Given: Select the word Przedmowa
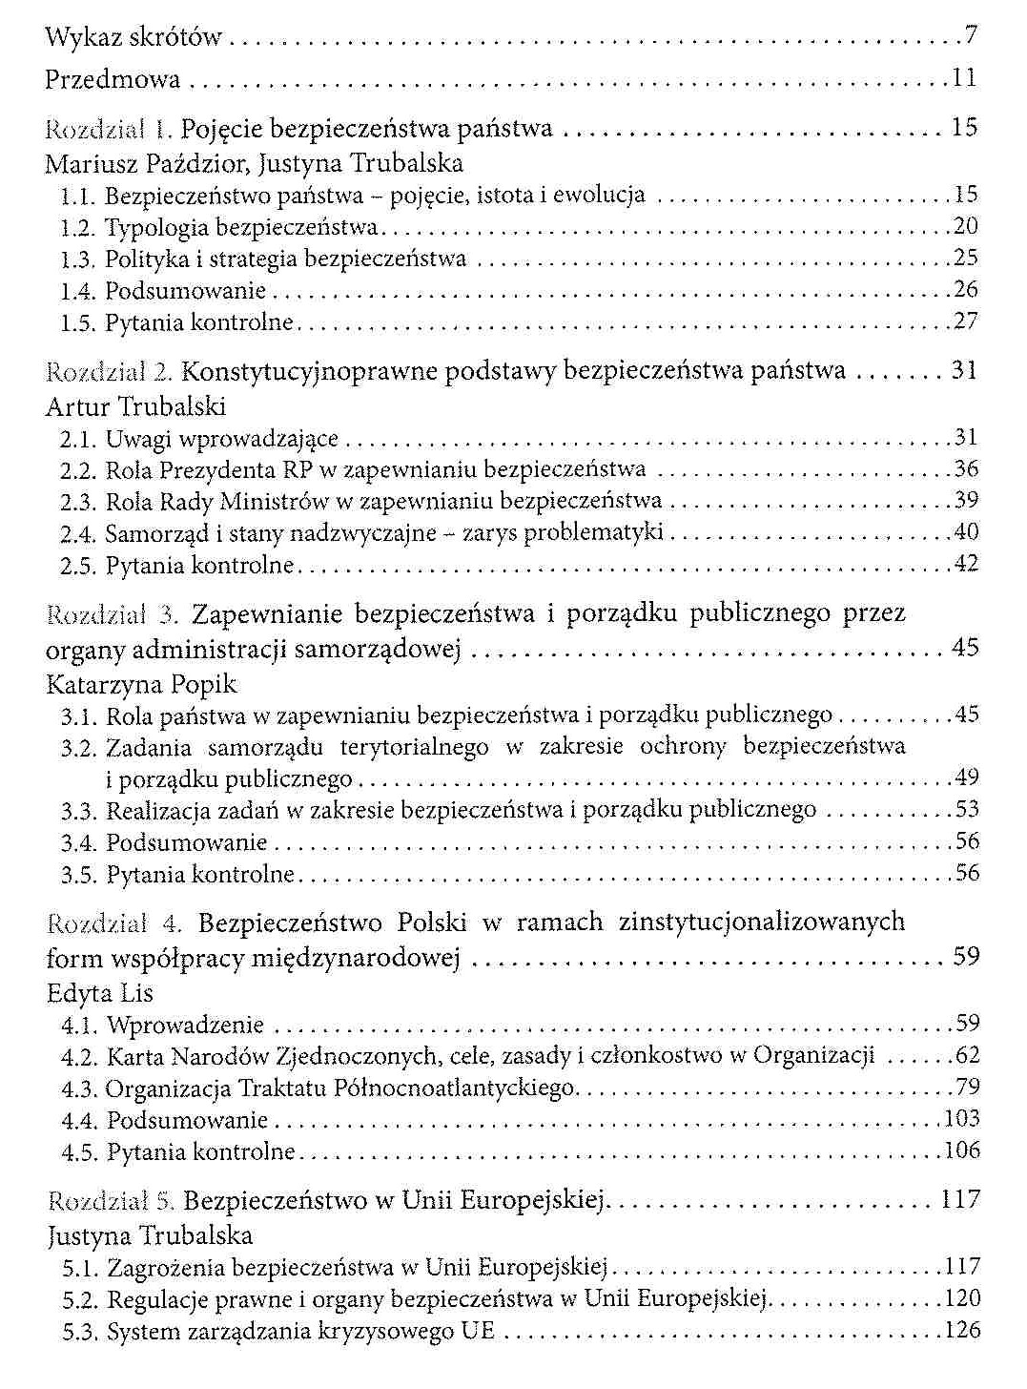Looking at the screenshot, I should pyautogui.click(x=113, y=79).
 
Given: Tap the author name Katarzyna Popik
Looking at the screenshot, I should pyautogui.click(x=141, y=684).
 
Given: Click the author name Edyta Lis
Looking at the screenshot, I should pyautogui.click(x=100, y=993).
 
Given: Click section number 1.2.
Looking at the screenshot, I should pyautogui.click(x=77, y=228).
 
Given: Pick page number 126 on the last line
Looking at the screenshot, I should pyautogui.click(x=960, y=1331).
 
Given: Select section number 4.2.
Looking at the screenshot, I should pyautogui.click(x=79, y=1056).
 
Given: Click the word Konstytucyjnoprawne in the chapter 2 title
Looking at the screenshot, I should pyautogui.click(x=302, y=370).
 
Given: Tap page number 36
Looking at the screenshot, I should pyautogui.click(x=966, y=468).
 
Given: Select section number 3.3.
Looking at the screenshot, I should pyautogui.click(x=79, y=811).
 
